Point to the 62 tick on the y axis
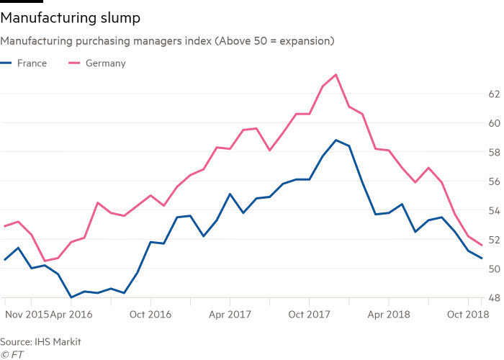(x=494, y=94)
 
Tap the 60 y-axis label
(x=494, y=123)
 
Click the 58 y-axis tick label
(x=494, y=153)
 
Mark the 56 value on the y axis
(x=494, y=181)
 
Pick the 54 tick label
(x=494, y=211)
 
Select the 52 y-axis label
(x=494, y=240)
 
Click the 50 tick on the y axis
(x=494, y=269)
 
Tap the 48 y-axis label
(x=494, y=298)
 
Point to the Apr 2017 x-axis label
(x=229, y=315)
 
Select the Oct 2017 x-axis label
(x=308, y=315)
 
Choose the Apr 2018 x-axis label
(x=388, y=315)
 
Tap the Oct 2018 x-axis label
(x=467, y=315)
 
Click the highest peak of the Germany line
(x=336, y=74)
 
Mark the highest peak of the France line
(x=336, y=140)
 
